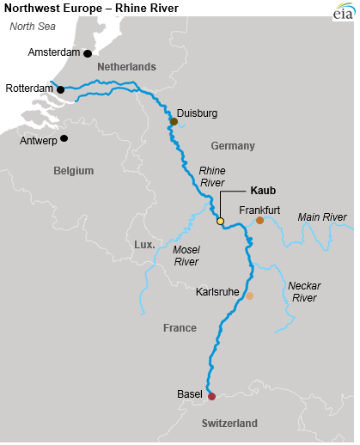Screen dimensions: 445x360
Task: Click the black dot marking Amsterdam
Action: pos(88,53)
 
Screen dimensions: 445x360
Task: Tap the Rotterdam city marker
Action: pos(60,88)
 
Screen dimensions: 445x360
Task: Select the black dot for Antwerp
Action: pos(64,137)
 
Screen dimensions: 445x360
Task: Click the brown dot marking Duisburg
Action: pos(174,122)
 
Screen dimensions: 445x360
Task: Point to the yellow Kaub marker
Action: pos(220,222)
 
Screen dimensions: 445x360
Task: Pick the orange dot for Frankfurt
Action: pos(259,221)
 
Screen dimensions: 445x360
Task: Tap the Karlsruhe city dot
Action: pos(249,296)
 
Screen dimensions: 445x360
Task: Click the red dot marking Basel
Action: pos(211,396)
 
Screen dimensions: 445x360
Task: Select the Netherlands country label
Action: pos(126,67)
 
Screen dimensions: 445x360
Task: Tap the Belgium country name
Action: pos(73,171)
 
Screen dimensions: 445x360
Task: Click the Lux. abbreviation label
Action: pos(144,245)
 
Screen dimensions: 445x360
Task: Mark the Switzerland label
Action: pos(229,424)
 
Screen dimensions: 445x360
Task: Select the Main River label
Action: pos(321,216)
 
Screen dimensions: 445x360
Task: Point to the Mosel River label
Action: pos(186,255)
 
